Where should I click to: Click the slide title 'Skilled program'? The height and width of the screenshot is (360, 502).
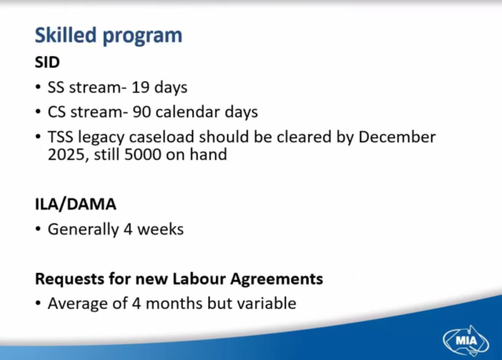(109, 36)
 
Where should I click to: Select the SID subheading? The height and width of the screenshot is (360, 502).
(47, 62)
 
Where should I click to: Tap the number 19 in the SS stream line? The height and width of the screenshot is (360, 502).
(141, 87)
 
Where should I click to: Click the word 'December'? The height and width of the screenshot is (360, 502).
(397, 136)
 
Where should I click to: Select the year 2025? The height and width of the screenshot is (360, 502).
(66, 155)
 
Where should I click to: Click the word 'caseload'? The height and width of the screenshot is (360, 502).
(161, 136)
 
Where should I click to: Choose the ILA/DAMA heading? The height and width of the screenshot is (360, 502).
(75, 204)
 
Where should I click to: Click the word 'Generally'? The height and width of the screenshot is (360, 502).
(83, 229)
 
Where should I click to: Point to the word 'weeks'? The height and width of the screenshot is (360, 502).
(161, 229)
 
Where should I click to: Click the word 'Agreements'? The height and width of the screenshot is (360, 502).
(277, 280)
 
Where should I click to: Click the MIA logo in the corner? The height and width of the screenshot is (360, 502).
(466, 340)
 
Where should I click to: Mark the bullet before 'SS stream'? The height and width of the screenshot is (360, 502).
(38, 87)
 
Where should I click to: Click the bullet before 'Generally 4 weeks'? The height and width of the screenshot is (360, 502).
(38, 229)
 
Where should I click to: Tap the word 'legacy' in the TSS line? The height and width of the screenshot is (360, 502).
(101, 138)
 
